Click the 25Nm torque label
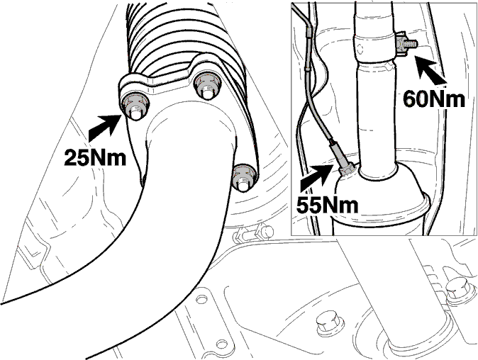pos(95,158)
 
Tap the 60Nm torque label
pos(434,99)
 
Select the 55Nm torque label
pos(328,205)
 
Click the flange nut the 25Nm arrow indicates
pos(135,107)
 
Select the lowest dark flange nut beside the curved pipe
pos(244,178)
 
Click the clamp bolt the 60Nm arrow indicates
pos(406,45)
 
